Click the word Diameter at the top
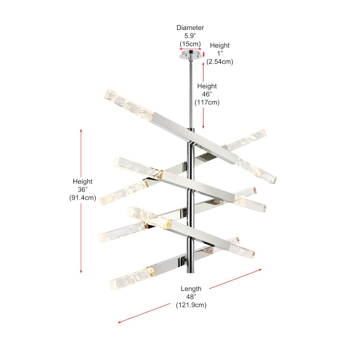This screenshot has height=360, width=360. point(190,28)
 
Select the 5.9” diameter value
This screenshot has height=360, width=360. point(190,36)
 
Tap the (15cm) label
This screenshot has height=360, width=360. point(190,44)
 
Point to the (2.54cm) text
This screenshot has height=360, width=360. point(220,62)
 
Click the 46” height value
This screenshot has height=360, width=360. point(207,94)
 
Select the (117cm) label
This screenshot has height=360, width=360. point(207,102)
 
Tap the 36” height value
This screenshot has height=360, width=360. point(82,189)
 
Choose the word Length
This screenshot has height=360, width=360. point(191,289)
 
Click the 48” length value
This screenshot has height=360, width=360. point(191,297)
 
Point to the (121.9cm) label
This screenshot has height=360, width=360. point(191,305)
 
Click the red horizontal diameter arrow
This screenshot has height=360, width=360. point(190,49)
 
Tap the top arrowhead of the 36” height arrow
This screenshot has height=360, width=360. point(81,130)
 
